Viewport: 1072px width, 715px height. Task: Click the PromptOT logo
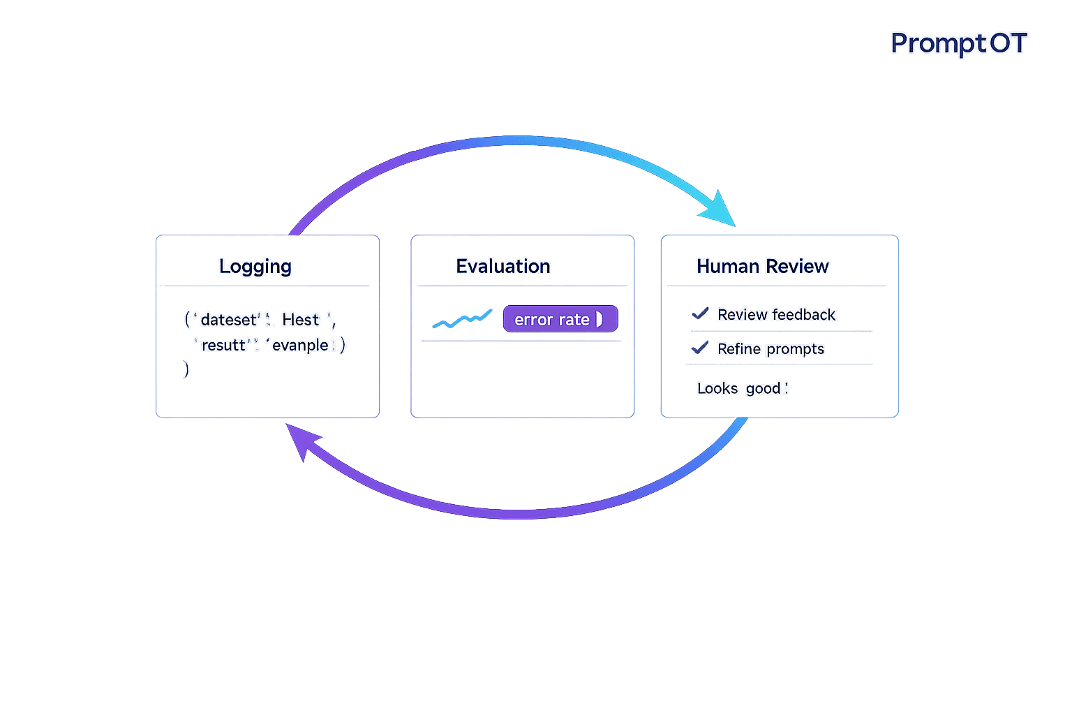(958, 43)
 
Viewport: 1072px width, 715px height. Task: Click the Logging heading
(255, 266)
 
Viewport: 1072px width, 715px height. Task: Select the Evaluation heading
(503, 266)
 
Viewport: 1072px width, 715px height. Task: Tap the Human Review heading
(762, 266)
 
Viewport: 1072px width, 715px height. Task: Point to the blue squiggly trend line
(461, 319)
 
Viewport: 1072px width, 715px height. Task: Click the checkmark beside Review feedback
(700, 314)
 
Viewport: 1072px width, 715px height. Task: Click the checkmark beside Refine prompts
(699, 347)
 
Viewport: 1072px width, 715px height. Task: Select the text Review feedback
(776, 314)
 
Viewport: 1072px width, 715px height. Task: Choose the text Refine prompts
(770, 348)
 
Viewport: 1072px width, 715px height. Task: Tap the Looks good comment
(741, 388)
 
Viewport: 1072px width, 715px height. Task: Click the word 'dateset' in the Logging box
(229, 320)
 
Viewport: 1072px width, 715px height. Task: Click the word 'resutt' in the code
(223, 345)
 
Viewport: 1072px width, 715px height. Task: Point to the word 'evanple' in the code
(300, 345)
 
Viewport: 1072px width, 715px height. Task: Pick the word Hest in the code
(301, 320)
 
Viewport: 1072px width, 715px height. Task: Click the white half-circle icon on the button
(599, 319)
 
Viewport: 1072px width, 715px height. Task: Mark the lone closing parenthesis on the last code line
(186, 369)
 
